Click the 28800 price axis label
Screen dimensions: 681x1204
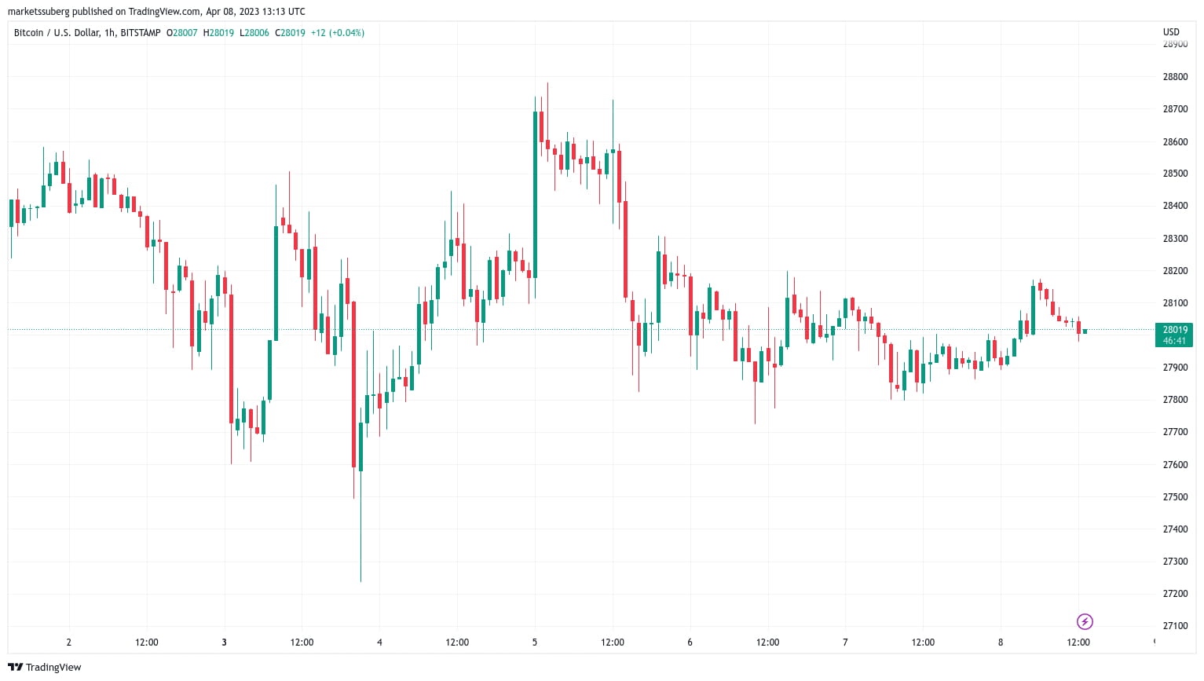click(x=1175, y=77)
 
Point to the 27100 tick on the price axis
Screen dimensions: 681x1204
click(x=1175, y=626)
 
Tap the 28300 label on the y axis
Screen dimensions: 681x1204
click(x=1175, y=239)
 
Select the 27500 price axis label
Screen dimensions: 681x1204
click(x=1175, y=497)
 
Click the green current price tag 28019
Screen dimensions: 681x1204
click(x=1174, y=335)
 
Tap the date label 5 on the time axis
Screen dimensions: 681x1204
click(x=535, y=643)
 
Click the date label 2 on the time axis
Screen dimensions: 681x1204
click(x=69, y=643)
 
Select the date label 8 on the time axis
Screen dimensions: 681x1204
click(x=1001, y=643)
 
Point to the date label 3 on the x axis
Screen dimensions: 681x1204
click(x=224, y=643)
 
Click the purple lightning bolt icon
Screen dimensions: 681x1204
click(x=1085, y=622)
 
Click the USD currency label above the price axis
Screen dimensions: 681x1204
click(x=1171, y=32)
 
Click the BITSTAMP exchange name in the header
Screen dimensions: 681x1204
click(x=141, y=33)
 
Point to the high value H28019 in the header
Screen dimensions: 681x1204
click(x=218, y=33)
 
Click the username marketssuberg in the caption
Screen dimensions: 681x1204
click(x=38, y=12)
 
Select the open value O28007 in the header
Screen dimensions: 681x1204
click(x=182, y=33)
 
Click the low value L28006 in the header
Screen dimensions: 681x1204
click(x=254, y=33)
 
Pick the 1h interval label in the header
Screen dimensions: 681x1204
click(x=109, y=33)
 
